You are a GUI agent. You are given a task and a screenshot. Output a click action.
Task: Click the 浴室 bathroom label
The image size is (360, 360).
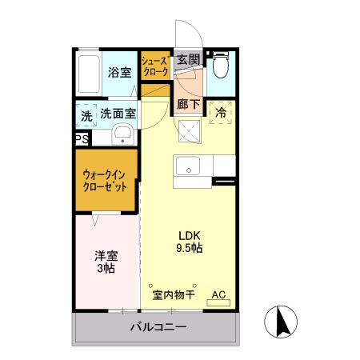(x=120, y=72)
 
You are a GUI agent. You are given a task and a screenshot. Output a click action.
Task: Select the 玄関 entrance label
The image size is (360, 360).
(x=188, y=59)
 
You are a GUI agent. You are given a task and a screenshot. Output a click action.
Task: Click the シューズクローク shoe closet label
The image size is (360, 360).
(x=154, y=66)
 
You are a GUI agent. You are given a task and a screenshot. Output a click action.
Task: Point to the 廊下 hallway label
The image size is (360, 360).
(x=188, y=102)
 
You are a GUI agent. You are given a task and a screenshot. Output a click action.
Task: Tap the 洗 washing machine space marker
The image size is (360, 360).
(x=86, y=114)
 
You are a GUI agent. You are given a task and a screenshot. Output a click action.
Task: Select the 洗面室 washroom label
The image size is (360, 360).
(x=118, y=114)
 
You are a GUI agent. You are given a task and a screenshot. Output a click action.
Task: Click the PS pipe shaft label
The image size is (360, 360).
(x=82, y=139)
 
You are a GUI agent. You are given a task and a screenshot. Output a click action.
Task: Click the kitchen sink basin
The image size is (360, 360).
(x=190, y=166)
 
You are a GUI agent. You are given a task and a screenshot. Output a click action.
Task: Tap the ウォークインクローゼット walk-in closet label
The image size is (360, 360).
(x=106, y=181)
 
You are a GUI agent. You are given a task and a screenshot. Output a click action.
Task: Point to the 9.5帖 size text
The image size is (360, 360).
(x=189, y=249)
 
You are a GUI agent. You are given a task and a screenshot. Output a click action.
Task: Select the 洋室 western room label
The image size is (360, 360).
(x=106, y=256)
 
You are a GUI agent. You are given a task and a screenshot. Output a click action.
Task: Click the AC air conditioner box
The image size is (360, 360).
(x=218, y=294)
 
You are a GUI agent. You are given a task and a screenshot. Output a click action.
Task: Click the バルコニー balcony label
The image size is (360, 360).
(x=158, y=328)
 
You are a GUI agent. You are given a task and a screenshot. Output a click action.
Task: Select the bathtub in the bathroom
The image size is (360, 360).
(x=91, y=72)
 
